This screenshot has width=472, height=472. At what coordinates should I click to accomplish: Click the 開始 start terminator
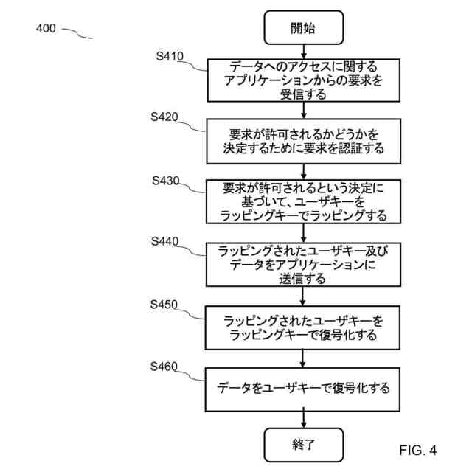tap(303, 28)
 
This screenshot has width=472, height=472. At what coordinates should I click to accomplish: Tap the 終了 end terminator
tap(303, 445)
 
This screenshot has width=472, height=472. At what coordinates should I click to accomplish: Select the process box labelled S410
tap(303, 79)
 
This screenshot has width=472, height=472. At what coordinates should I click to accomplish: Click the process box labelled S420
tap(303, 141)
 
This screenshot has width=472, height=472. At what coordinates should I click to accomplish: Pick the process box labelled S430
tap(303, 201)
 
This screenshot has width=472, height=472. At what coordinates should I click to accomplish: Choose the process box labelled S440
tap(303, 264)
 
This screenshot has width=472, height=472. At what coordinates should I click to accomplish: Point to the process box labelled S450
tap(303, 327)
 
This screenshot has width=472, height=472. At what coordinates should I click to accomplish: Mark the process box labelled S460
tap(303, 388)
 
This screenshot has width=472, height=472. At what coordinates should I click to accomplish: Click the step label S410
tap(170, 55)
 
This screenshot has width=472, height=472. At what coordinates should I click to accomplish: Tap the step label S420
tap(164, 117)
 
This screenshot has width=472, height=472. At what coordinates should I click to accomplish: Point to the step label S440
tap(164, 241)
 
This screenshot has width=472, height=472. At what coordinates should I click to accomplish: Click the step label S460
tap(164, 365)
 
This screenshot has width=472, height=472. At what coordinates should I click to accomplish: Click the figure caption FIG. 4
tap(418, 449)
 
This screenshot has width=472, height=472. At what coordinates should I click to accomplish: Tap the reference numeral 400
tap(46, 29)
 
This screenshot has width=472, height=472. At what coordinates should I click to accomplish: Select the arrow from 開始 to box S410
tap(303, 51)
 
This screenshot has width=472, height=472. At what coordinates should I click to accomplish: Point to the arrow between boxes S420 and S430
tap(303, 171)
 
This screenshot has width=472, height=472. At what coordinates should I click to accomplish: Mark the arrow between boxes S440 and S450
tap(303, 296)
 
